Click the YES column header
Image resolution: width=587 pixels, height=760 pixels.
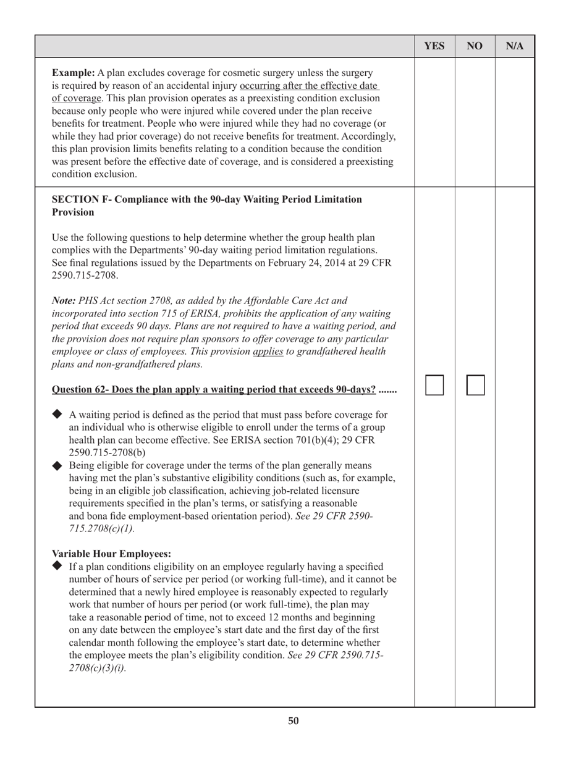click(434, 46)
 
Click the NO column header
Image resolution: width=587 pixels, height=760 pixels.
click(475, 46)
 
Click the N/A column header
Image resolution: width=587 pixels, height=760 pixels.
click(515, 46)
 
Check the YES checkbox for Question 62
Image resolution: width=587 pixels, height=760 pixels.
click(435, 386)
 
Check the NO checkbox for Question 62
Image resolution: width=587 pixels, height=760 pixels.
click(475, 386)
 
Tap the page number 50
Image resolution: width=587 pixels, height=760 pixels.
click(293, 721)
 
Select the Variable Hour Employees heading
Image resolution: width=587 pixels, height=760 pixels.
click(111, 553)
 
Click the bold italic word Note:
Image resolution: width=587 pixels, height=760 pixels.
click(64, 301)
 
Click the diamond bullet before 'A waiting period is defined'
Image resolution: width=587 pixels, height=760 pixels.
click(57, 414)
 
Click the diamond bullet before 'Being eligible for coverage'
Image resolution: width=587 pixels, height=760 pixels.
click(57, 465)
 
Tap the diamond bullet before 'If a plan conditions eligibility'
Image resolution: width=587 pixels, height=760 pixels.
click(57, 566)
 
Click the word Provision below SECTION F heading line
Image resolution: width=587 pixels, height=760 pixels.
click(73, 213)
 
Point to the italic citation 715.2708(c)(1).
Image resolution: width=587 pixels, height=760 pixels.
click(101, 529)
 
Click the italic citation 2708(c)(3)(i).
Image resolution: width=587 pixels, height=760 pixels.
click(97, 667)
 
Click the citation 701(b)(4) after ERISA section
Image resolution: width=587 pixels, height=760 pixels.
click(313, 440)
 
